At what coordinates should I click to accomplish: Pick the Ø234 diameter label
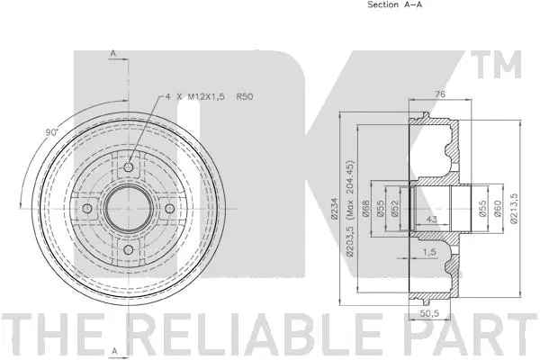334,208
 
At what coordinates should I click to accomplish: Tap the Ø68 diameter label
367,208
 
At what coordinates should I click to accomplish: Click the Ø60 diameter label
497,208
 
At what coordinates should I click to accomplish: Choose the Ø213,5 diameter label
513,208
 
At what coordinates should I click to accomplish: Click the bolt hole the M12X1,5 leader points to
127,168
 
